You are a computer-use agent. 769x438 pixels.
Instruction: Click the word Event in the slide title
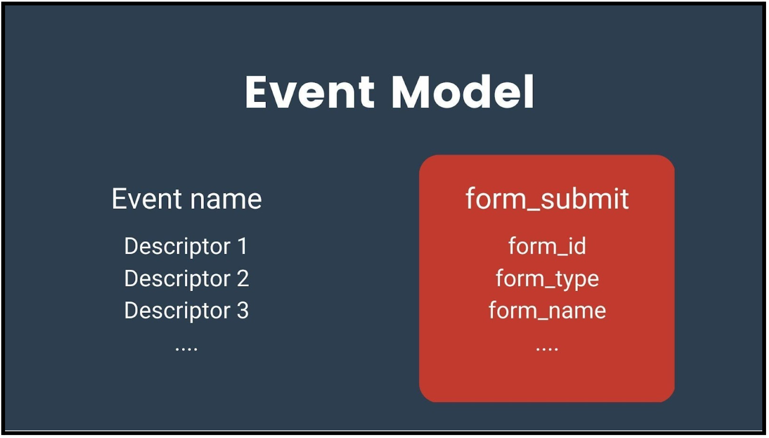(x=310, y=92)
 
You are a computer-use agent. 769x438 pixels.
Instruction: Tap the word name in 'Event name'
(x=226, y=200)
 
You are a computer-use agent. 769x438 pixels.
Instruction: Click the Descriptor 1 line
(x=186, y=247)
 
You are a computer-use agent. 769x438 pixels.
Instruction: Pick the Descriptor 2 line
(x=187, y=279)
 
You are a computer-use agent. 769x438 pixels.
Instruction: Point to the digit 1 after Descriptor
(x=242, y=246)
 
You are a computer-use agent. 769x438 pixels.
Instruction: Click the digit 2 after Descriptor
(x=243, y=278)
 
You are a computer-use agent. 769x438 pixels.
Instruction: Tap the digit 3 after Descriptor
(x=243, y=310)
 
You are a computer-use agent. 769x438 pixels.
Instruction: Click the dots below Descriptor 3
(x=186, y=348)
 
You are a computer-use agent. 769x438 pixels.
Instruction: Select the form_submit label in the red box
(x=547, y=199)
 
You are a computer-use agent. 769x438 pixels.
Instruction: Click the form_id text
(x=547, y=246)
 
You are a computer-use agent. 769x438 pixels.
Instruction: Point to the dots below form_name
(x=547, y=348)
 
